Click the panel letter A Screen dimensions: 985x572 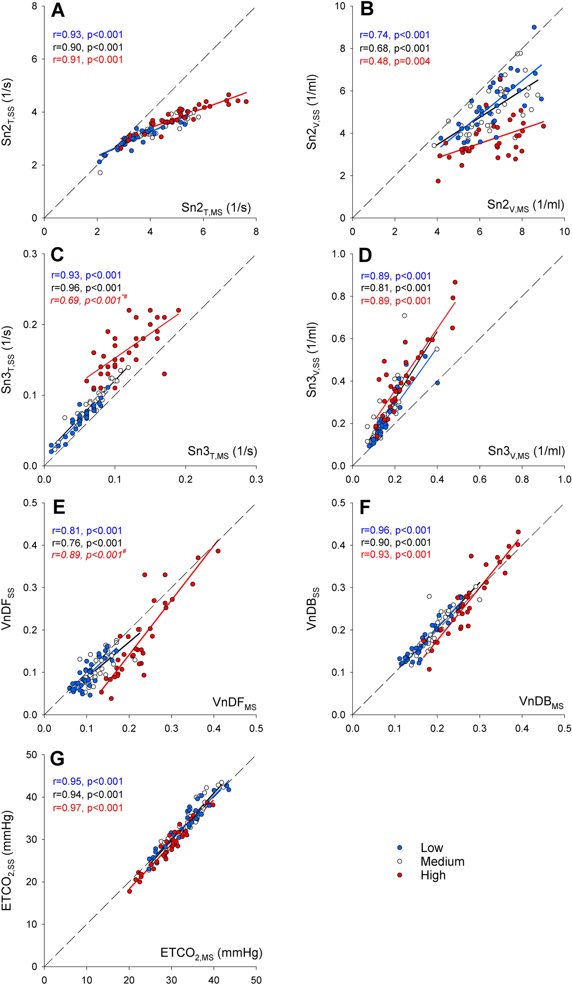pos(58,10)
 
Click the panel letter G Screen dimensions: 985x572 pos(57,759)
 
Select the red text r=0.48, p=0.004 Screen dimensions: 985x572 pos(395,61)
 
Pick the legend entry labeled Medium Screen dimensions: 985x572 pos(442,862)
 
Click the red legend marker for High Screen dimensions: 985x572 pos(400,875)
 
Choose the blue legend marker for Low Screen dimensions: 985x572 pos(400,848)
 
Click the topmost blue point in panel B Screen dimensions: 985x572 pos(534,27)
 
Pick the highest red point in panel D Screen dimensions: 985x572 pos(455,282)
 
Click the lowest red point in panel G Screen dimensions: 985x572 pos(129,891)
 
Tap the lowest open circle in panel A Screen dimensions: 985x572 pos(100,172)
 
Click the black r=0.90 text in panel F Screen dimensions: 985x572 pos(395,542)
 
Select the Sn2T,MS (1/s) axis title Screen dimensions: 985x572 pos(216,208)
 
